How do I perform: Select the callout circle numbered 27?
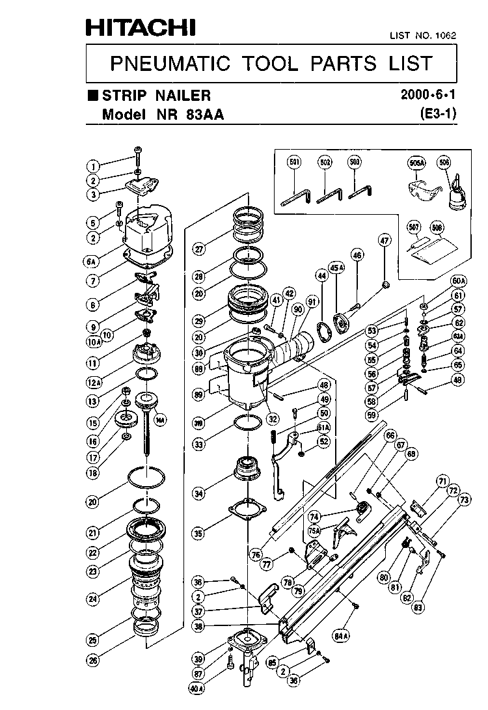(x=198, y=248)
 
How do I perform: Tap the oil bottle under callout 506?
(x=456, y=196)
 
